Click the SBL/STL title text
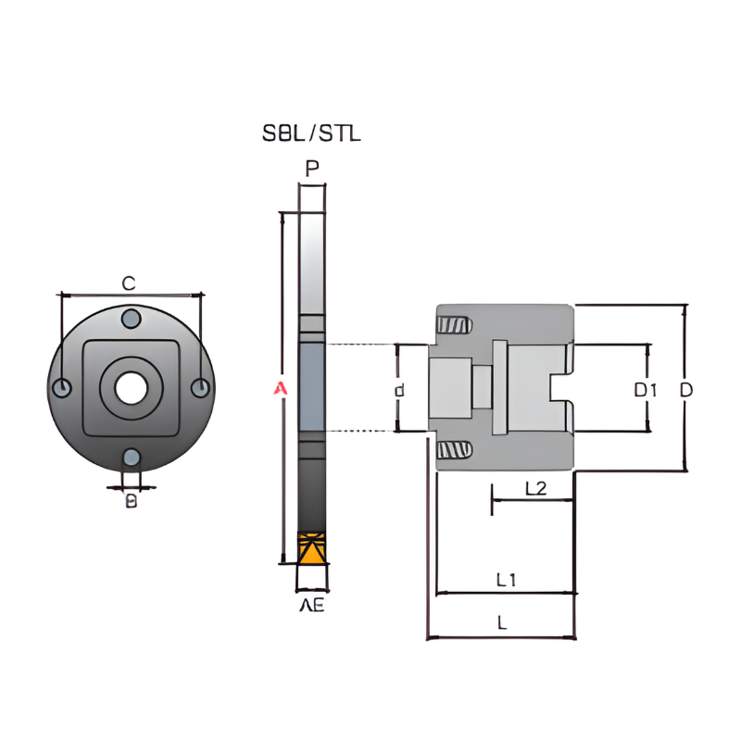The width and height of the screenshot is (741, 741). pyautogui.click(x=311, y=133)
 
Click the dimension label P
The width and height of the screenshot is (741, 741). pyautogui.click(x=312, y=169)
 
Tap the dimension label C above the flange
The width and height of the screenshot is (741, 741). pyautogui.click(x=130, y=283)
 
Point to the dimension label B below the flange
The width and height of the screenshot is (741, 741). pyautogui.click(x=132, y=501)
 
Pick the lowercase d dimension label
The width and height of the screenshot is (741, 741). pyautogui.click(x=400, y=390)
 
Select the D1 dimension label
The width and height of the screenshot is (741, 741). pyautogui.click(x=646, y=390)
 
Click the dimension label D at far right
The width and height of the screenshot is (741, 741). pyautogui.click(x=685, y=390)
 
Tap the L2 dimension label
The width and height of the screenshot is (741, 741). pyautogui.click(x=535, y=487)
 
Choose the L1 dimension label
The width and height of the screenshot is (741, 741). pyautogui.click(x=506, y=580)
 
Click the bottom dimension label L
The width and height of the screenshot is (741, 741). pyautogui.click(x=502, y=623)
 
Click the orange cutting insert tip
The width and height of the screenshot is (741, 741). pyautogui.click(x=312, y=548)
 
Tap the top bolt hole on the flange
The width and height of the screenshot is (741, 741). pyautogui.click(x=132, y=320)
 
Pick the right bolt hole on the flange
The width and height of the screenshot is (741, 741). pyautogui.click(x=200, y=388)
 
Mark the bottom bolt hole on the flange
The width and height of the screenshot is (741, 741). pyautogui.click(x=132, y=457)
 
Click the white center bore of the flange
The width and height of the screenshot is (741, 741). pyautogui.click(x=131, y=388)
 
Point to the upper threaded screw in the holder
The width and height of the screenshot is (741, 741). pyautogui.click(x=454, y=326)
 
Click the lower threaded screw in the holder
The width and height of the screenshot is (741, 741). pyautogui.click(x=454, y=450)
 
